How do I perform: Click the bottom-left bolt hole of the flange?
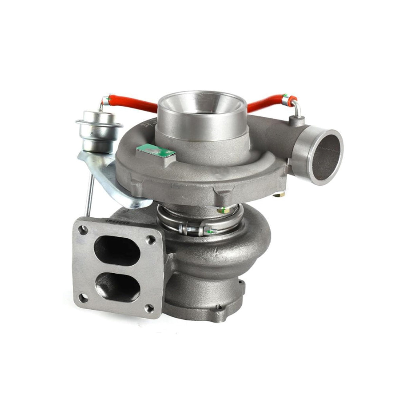point(81,299)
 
